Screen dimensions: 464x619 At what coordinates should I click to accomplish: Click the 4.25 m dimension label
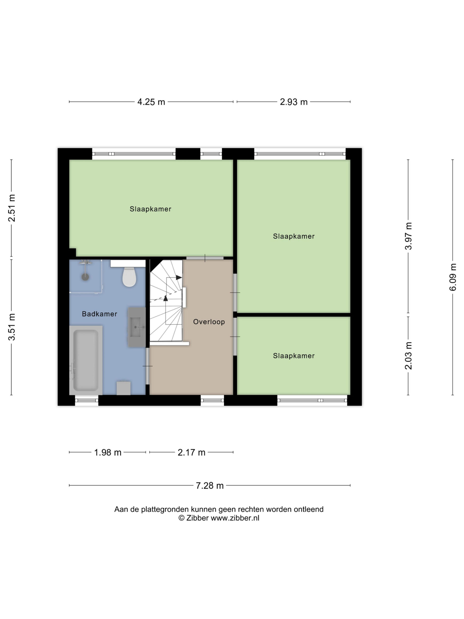coord(151,102)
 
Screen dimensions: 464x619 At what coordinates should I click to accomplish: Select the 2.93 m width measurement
coord(294,102)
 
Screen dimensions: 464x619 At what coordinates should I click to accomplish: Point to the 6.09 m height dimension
coord(453,277)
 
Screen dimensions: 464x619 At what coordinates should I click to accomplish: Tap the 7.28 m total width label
coord(210,486)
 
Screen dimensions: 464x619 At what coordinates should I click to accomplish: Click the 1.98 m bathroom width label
coord(108,452)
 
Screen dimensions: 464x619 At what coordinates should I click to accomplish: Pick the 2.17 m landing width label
coord(192,452)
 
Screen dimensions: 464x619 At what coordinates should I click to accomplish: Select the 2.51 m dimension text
coord(11,208)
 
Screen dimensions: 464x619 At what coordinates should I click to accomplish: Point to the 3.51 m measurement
coord(11,327)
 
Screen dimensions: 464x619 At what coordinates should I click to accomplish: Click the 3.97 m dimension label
coord(408,236)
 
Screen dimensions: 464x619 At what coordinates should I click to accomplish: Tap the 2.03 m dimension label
coord(408,356)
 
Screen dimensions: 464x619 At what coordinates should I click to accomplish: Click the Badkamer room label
coord(100,314)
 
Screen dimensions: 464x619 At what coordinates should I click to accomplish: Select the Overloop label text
coord(209,322)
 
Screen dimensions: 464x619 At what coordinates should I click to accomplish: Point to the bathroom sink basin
coord(137,327)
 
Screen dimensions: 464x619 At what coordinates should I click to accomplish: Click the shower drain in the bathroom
coord(85,277)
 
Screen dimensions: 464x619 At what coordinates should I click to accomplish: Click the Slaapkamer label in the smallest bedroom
coord(294,356)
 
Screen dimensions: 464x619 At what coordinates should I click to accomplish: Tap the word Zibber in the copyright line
coord(197,518)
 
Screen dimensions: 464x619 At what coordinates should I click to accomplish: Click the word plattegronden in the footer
coord(165,509)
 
